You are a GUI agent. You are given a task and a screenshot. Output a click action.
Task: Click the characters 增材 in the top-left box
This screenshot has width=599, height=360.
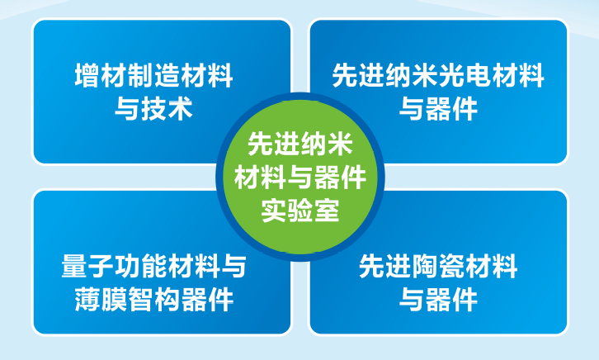(x=101, y=76)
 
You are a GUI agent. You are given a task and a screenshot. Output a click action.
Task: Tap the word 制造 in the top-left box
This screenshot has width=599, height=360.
(x=153, y=76)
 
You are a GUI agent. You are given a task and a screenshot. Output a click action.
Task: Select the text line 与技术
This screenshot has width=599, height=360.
(x=153, y=109)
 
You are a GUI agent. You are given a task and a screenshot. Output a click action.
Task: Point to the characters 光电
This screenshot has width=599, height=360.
(x=465, y=76)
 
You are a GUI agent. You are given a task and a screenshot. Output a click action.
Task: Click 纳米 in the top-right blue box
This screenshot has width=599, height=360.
(x=412, y=76)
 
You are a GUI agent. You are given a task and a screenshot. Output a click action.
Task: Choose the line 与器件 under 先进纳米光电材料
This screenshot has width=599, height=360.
(x=438, y=109)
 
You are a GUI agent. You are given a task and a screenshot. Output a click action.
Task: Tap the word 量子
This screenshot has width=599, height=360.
(x=87, y=267)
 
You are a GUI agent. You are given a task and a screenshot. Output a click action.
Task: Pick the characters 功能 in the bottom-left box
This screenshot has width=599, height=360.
(x=140, y=267)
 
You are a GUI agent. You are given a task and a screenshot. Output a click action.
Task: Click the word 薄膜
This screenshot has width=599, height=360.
(x=101, y=300)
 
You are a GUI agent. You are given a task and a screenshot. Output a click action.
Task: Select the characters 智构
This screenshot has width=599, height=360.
(x=153, y=300)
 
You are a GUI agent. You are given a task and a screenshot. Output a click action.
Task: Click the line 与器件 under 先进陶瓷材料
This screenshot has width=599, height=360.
(x=438, y=300)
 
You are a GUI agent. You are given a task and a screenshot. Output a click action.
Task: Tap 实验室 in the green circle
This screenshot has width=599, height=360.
(x=300, y=211)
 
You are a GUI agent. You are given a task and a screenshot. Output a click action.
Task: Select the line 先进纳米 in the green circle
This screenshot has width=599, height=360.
(x=300, y=144)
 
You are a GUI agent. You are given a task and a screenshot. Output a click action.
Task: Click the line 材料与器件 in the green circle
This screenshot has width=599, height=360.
(x=300, y=178)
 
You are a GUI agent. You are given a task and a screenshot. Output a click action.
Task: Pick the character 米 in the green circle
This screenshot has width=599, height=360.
(x=340, y=144)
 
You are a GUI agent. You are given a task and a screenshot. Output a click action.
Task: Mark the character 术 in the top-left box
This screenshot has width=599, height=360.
(x=180, y=109)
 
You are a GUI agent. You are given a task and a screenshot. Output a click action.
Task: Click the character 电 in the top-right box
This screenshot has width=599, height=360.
(x=478, y=76)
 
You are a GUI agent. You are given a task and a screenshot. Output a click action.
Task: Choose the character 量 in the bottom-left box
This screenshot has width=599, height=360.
(x=74, y=267)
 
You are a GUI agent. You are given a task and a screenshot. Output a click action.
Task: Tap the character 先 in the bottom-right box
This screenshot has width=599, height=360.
(x=372, y=267)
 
